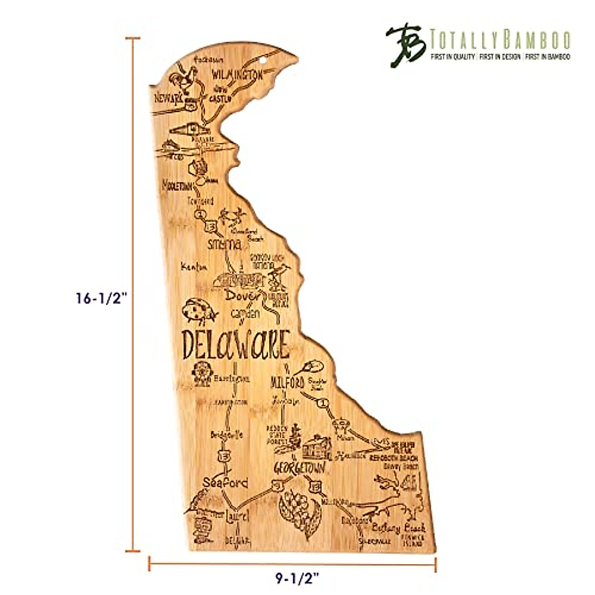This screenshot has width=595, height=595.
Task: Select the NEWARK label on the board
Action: click(x=169, y=98)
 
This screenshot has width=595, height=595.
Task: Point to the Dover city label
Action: click(x=241, y=297)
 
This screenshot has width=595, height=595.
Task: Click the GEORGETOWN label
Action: click(x=300, y=468)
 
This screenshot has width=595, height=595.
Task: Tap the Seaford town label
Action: click(x=225, y=482)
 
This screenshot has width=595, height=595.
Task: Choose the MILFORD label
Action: click(x=288, y=383)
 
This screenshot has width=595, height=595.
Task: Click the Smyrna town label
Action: click(x=225, y=244)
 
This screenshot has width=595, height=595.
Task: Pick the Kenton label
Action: click(x=193, y=267)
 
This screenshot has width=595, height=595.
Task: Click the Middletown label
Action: click(x=177, y=187)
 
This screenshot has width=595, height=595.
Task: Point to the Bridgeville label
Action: click(x=227, y=435)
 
